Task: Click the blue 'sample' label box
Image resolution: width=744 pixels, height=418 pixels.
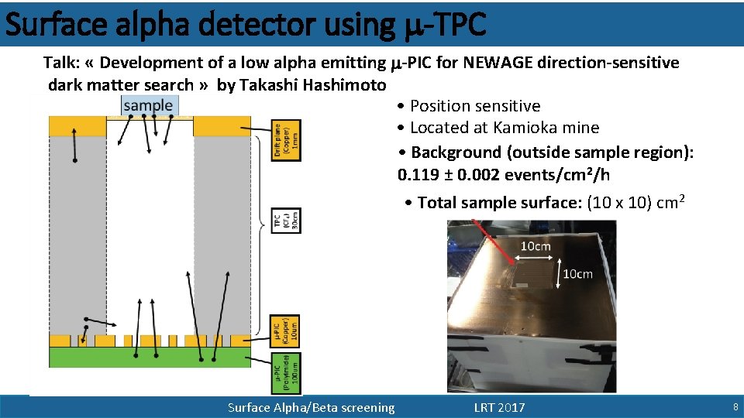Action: coord(148,106)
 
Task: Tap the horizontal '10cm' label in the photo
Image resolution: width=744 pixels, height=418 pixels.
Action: coord(535,246)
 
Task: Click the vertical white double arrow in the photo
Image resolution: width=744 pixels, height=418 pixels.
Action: coord(557,274)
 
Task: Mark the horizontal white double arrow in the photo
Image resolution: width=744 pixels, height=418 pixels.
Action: coord(535,258)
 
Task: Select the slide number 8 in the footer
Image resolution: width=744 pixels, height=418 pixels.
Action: coord(735,407)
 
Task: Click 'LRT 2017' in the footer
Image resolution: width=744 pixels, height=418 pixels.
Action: coord(499,407)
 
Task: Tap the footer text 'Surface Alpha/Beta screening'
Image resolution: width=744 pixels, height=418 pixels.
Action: coord(311,407)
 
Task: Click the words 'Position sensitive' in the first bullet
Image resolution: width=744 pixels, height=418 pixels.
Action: coord(475,106)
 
